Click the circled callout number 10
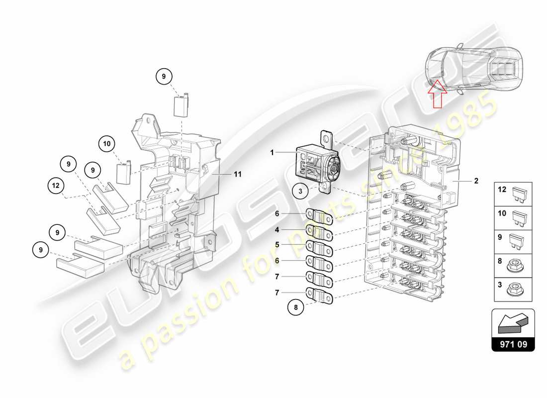click(x=107, y=144)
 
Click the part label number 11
click(x=238, y=174)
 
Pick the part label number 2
click(x=476, y=181)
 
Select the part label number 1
click(x=273, y=153)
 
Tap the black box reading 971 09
click(x=513, y=343)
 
